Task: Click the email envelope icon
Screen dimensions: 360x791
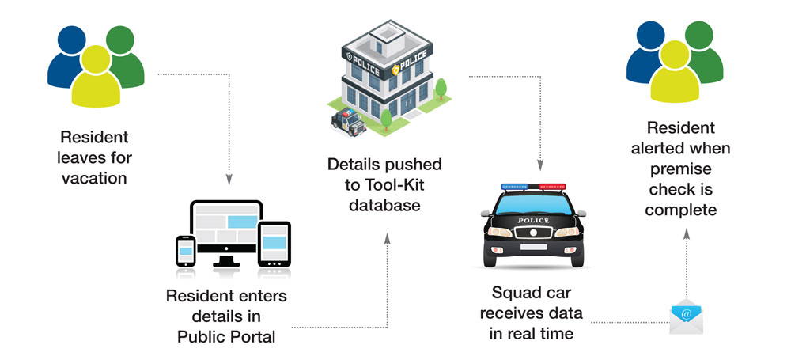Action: click(685, 317)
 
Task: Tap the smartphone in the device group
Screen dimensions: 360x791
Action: click(185, 251)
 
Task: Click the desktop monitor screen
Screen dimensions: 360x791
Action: click(226, 227)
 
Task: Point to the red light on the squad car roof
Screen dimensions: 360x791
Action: click(552, 188)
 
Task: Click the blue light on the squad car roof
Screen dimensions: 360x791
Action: click(514, 188)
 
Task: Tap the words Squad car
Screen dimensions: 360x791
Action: click(536, 293)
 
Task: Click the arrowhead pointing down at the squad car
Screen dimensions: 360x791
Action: click(540, 167)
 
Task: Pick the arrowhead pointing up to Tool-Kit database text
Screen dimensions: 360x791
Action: click(387, 238)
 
